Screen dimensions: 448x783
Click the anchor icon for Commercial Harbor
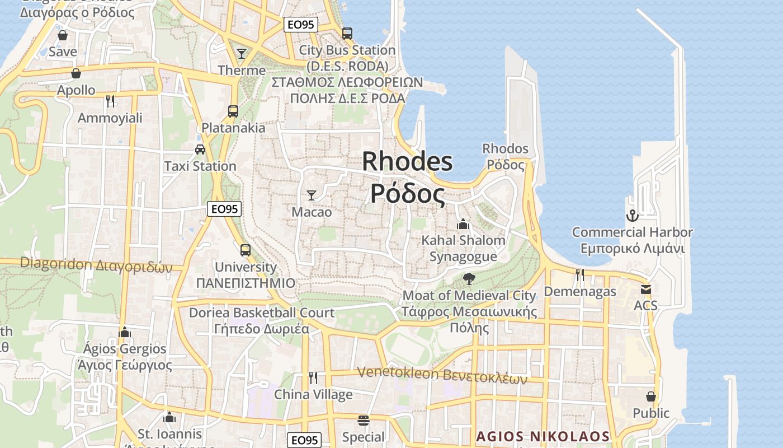(632, 216)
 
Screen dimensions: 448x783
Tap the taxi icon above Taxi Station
(200, 150)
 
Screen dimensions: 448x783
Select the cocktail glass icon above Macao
(312, 195)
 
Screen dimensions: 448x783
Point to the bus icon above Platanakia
(233, 111)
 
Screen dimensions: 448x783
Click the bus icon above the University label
(246, 250)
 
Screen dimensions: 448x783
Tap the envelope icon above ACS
(646, 289)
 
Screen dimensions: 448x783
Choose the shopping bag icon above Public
(651, 396)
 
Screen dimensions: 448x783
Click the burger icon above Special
(364, 420)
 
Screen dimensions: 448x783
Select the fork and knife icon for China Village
(313, 378)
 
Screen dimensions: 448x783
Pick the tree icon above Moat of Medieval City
(469, 278)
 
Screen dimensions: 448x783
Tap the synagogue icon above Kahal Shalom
(463, 224)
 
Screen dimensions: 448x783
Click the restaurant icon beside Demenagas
(580, 274)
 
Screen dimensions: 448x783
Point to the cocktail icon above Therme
(242, 54)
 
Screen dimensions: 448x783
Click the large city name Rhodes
(407, 162)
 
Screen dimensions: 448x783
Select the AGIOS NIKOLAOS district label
(543, 436)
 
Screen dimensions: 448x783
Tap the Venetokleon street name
(442, 374)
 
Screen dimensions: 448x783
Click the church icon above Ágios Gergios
(125, 332)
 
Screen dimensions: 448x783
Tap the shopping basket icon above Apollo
(76, 73)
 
